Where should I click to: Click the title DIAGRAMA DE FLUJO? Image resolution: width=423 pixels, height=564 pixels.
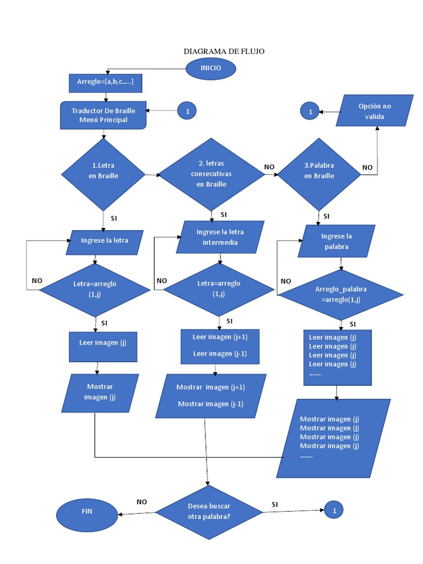tap(224, 51)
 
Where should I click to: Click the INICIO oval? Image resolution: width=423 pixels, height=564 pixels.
tap(211, 68)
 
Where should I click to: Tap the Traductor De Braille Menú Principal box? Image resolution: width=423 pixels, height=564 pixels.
tap(103, 115)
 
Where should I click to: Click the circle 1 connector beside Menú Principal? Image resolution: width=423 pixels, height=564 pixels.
tap(187, 111)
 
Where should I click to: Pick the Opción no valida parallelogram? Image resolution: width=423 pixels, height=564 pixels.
tap(375, 111)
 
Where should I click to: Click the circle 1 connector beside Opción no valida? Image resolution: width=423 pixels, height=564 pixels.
tap(310, 111)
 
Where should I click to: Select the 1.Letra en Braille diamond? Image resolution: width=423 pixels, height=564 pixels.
tap(103, 174)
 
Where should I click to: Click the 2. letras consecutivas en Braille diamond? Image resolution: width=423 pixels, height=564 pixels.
tap(211, 173)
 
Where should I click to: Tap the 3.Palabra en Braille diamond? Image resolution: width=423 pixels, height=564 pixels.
tap(319, 172)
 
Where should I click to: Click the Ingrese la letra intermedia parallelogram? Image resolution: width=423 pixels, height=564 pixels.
tap(220, 237)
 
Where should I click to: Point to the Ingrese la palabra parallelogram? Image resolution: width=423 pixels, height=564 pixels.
tap(336, 241)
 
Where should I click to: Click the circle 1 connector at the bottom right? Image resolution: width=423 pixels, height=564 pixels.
tap(334, 511)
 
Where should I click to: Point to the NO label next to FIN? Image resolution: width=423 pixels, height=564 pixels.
tap(142, 502)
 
